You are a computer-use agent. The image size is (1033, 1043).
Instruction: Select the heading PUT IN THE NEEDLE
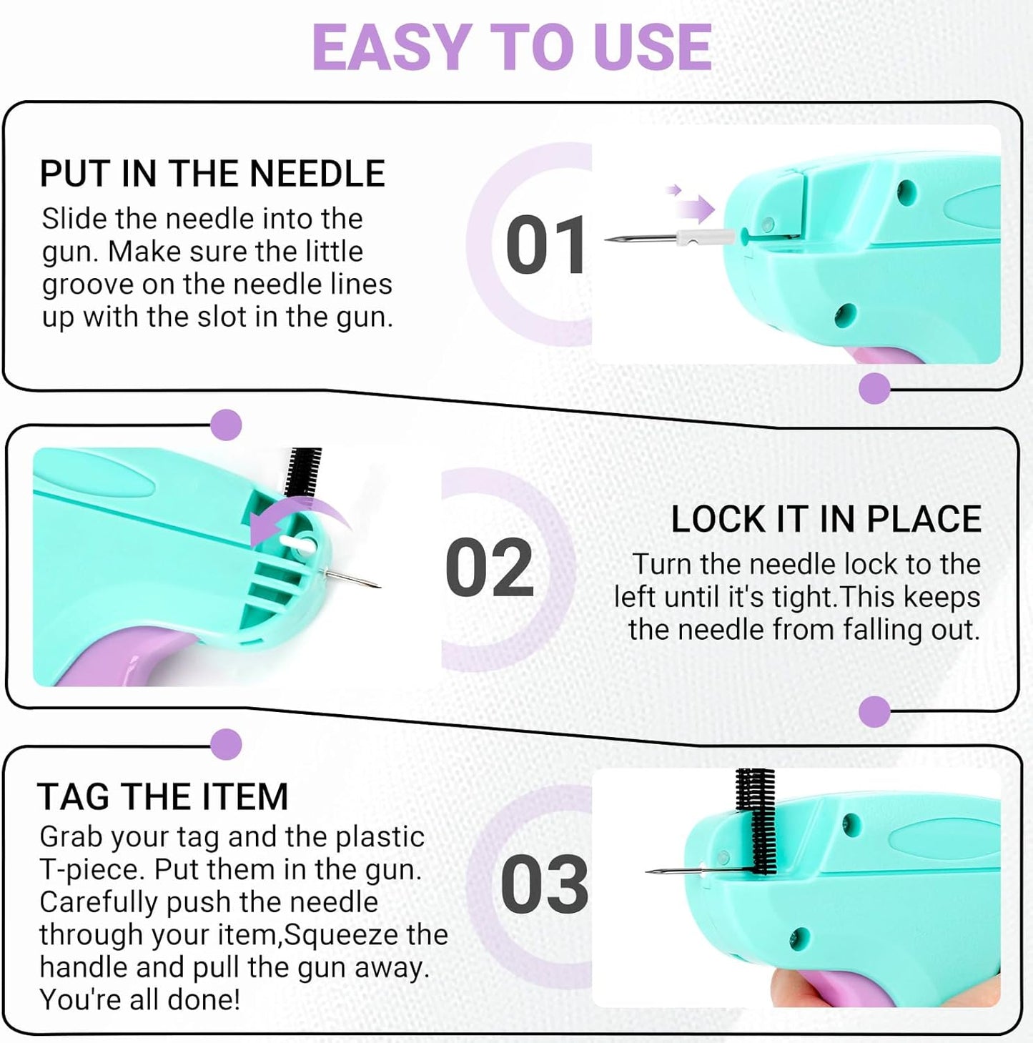[x=212, y=174]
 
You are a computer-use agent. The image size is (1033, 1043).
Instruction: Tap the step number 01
[x=545, y=245]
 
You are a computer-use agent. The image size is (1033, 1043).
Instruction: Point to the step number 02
[x=490, y=568]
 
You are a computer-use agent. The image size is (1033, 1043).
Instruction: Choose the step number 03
[x=544, y=884]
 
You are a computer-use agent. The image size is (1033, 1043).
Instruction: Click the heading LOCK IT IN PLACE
[x=826, y=519]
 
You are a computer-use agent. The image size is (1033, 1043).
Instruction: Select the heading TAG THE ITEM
[x=163, y=796]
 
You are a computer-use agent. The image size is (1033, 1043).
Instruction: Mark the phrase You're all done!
[x=139, y=999]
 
